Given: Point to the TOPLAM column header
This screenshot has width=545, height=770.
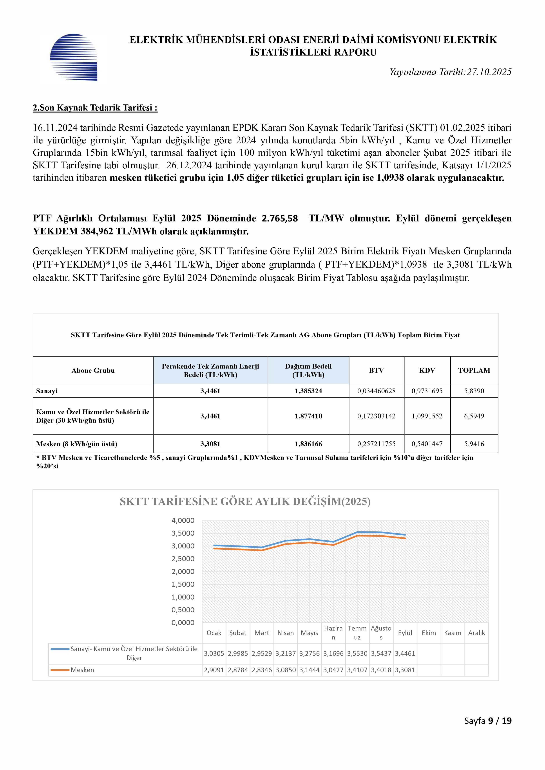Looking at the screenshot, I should [x=474, y=370].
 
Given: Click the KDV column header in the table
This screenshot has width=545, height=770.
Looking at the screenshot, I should [x=427, y=370].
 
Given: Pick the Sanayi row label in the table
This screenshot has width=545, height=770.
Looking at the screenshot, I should [x=47, y=391].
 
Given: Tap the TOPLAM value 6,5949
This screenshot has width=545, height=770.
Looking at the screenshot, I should [x=474, y=416].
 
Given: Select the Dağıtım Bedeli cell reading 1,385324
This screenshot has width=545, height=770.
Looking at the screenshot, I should [x=308, y=391].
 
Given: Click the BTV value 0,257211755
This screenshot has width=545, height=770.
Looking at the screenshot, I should [x=376, y=444].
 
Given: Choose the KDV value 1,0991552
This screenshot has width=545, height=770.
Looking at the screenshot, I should [x=427, y=416].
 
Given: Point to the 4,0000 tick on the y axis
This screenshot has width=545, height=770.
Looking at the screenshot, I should [x=183, y=520].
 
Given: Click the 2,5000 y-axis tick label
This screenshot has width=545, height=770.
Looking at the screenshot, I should [x=183, y=559].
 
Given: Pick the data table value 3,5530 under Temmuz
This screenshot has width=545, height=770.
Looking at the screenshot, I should [x=357, y=654].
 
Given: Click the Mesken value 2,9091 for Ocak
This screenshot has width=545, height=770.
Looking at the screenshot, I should [x=214, y=670].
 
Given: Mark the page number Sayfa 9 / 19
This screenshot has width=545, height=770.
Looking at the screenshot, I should [x=488, y=721].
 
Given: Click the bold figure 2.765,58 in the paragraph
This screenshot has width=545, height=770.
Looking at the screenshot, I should [x=280, y=218].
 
